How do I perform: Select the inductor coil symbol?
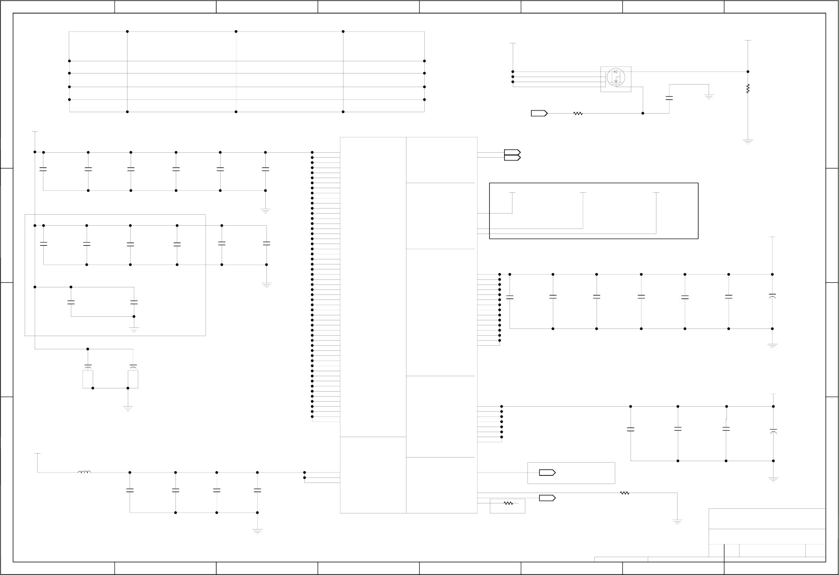[x=84, y=472]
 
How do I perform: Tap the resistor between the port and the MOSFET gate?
[x=578, y=114]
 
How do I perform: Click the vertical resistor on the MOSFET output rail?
[x=748, y=88]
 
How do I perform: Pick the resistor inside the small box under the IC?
[x=508, y=503]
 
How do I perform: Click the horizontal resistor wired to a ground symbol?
[x=625, y=493]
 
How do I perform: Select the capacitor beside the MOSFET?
[x=669, y=98]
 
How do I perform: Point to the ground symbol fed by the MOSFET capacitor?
[x=709, y=97]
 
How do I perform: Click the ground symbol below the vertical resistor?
[x=748, y=142]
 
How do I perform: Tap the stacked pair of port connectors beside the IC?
[x=512, y=155]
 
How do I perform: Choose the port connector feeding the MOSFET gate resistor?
[x=539, y=114]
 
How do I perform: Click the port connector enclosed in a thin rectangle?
[x=547, y=473]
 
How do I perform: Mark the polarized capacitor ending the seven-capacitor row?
[x=772, y=296]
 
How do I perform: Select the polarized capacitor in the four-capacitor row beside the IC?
[x=773, y=431]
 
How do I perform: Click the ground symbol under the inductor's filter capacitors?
[x=257, y=531]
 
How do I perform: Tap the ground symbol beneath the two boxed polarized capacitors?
[x=128, y=408]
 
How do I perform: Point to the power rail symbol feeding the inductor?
[x=37, y=454]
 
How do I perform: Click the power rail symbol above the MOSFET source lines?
[x=513, y=44]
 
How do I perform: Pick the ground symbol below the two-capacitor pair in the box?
[x=134, y=329]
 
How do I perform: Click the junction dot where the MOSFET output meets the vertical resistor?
[x=748, y=72]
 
